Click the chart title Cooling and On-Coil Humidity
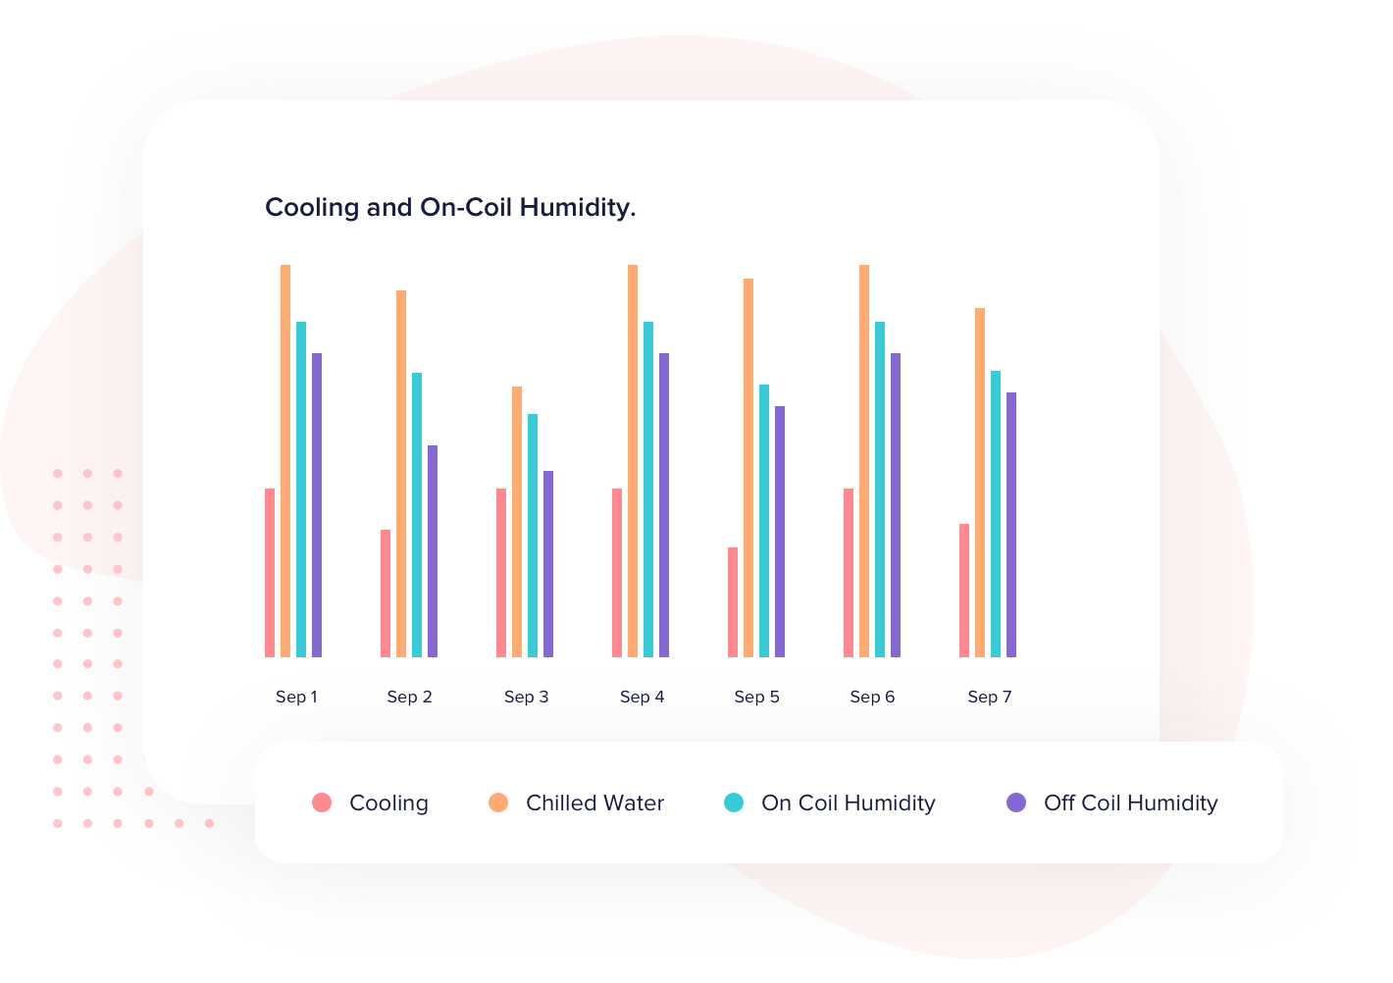[x=450, y=208]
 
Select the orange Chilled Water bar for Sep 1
[x=285, y=461]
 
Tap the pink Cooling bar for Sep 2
[x=386, y=594]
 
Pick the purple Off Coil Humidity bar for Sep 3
[x=548, y=564]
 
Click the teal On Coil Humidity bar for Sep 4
[x=648, y=490]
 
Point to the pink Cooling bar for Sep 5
[x=733, y=602]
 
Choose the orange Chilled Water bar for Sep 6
[x=864, y=461]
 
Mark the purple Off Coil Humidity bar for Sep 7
[x=1011, y=525]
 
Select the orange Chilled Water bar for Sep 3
[x=517, y=522]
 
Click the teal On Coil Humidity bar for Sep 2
[x=417, y=515]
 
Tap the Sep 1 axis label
[x=296, y=697]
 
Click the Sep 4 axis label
[x=642, y=697]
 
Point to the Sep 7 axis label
[x=989, y=697]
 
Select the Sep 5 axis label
[x=756, y=697]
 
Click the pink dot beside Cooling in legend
[x=322, y=802]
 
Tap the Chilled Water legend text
[x=594, y=802]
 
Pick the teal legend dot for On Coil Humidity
[x=734, y=802]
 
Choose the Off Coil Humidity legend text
[x=1130, y=802]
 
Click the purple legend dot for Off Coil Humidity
[x=1016, y=802]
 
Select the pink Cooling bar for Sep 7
[x=964, y=591]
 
